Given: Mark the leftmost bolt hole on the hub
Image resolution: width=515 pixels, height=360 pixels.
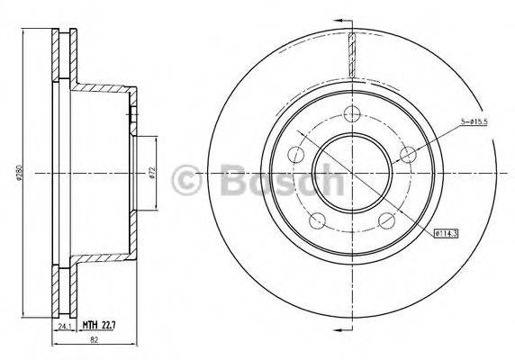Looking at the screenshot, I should click(x=295, y=156).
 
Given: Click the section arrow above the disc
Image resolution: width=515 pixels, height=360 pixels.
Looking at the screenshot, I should click(x=340, y=20).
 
